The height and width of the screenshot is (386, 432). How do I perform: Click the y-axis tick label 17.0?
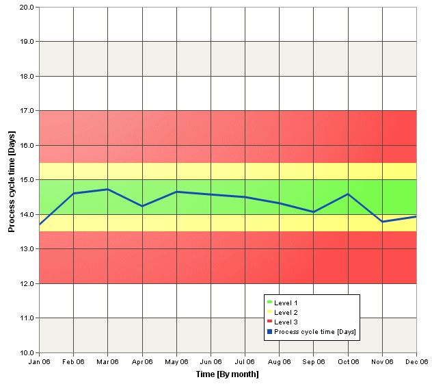pos(27,111)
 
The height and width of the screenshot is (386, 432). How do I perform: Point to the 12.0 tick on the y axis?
pos(27,283)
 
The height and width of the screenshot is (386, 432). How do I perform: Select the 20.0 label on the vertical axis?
pos(27,7)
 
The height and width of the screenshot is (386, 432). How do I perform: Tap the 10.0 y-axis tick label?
pos(27,352)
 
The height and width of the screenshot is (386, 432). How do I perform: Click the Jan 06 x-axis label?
pos(40,362)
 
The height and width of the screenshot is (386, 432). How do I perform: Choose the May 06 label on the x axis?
pos(176,362)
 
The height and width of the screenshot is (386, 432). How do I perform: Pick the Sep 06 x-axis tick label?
pos(314,362)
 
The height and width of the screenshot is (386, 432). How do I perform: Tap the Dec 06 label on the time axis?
pos(416,362)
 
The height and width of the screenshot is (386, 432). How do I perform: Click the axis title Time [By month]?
pos(228,374)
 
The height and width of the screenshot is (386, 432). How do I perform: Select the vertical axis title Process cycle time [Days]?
pos(12,181)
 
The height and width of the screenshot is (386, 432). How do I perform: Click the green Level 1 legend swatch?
pos(270,303)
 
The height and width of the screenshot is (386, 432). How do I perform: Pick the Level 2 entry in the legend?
pos(282,312)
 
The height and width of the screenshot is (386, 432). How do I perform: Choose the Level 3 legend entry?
pos(282,322)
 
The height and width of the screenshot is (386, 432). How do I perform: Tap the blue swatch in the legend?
pos(270,332)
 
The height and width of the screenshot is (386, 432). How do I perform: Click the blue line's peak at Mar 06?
pos(108,190)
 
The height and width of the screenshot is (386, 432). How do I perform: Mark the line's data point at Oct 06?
pos(348,194)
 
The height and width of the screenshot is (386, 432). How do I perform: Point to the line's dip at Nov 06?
pos(382,222)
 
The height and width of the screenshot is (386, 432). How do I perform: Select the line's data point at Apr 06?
pos(142,206)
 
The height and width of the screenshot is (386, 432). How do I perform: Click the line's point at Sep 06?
pos(314,212)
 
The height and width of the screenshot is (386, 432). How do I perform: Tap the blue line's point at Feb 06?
pos(74,194)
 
